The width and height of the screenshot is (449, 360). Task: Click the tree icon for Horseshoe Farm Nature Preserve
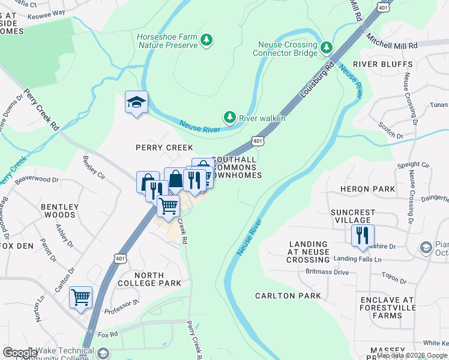point(207,40)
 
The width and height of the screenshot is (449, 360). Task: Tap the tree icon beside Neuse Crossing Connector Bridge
point(327,47)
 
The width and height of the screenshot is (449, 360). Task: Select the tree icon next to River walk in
point(229,116)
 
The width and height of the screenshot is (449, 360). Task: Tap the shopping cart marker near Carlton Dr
point(80,297)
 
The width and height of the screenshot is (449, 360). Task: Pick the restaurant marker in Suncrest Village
point(363,235)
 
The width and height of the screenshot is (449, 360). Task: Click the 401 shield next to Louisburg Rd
point(257,140)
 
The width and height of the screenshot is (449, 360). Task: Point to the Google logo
point(20,353)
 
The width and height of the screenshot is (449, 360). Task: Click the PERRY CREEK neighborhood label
point(164,148)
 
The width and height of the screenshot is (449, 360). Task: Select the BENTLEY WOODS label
point(59,211)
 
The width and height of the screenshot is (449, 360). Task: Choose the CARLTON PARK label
point(288,296)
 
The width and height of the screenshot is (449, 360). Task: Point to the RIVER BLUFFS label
point(382,64)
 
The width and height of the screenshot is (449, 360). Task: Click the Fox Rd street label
point(107,334)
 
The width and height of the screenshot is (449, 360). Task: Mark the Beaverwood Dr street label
point(37,179)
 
